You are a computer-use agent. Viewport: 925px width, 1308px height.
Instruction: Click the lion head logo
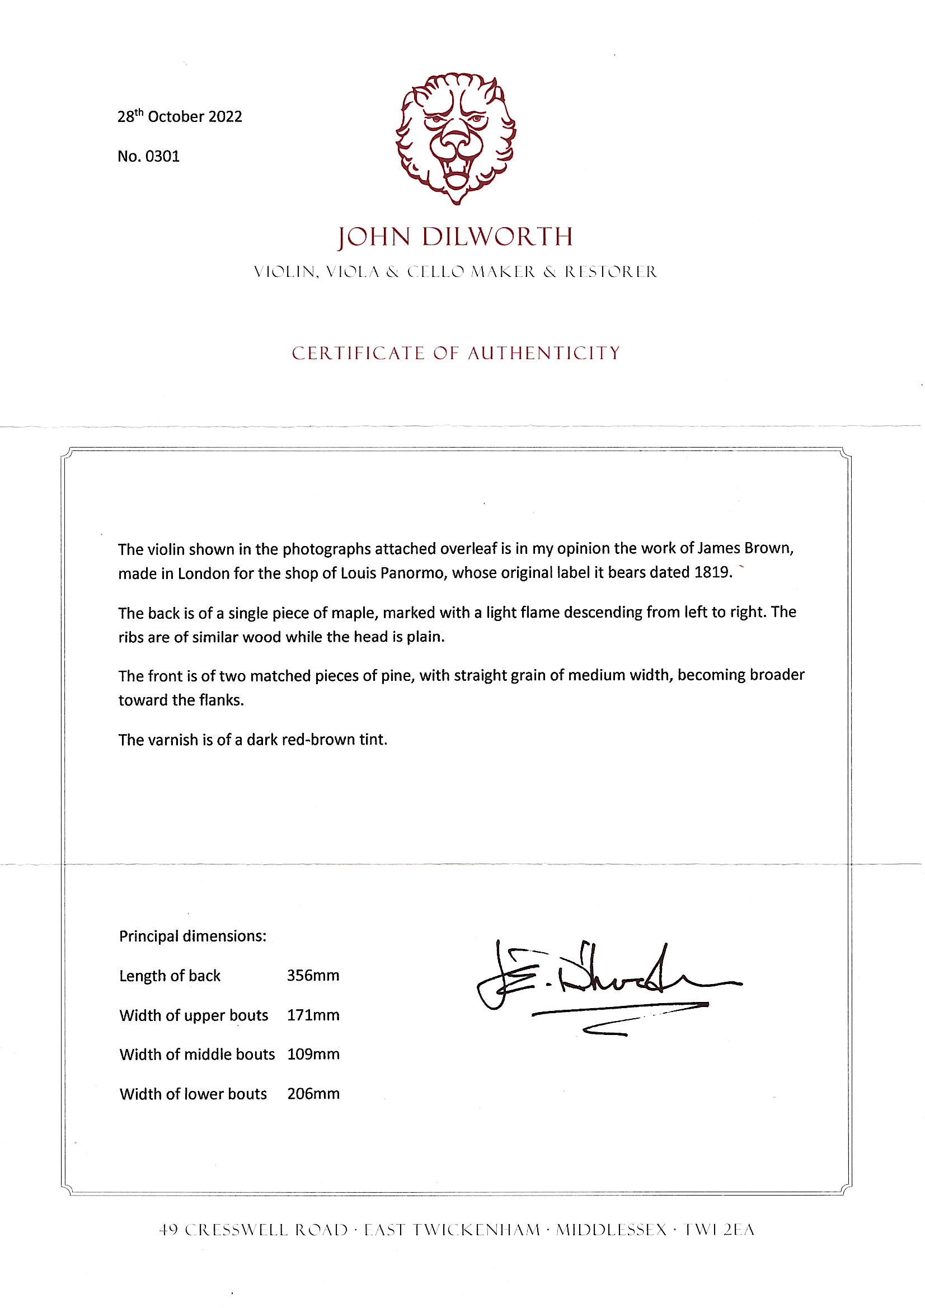[456, 138]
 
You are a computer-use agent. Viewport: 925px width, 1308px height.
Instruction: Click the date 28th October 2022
[180, 117]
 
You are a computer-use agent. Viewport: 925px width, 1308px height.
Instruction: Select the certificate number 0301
[162, 157]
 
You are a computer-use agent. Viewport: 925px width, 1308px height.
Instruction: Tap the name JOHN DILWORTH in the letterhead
[456, 237]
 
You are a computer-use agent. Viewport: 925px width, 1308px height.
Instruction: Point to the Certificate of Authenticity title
[456, 354]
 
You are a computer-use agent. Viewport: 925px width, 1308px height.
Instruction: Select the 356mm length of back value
[313, 976]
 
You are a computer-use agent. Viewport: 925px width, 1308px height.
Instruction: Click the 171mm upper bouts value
[313, 1015]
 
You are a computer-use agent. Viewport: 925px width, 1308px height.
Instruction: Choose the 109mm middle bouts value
[313, 1055]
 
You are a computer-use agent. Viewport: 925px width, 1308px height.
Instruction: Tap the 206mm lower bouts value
[313, 1094]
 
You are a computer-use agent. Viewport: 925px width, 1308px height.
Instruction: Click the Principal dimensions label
[192, 937]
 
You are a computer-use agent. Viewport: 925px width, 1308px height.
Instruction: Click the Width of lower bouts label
[193, 1094]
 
